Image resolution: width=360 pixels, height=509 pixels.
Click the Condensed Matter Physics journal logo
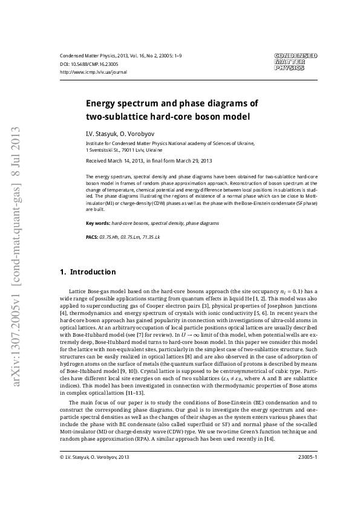(x=296, y=62)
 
